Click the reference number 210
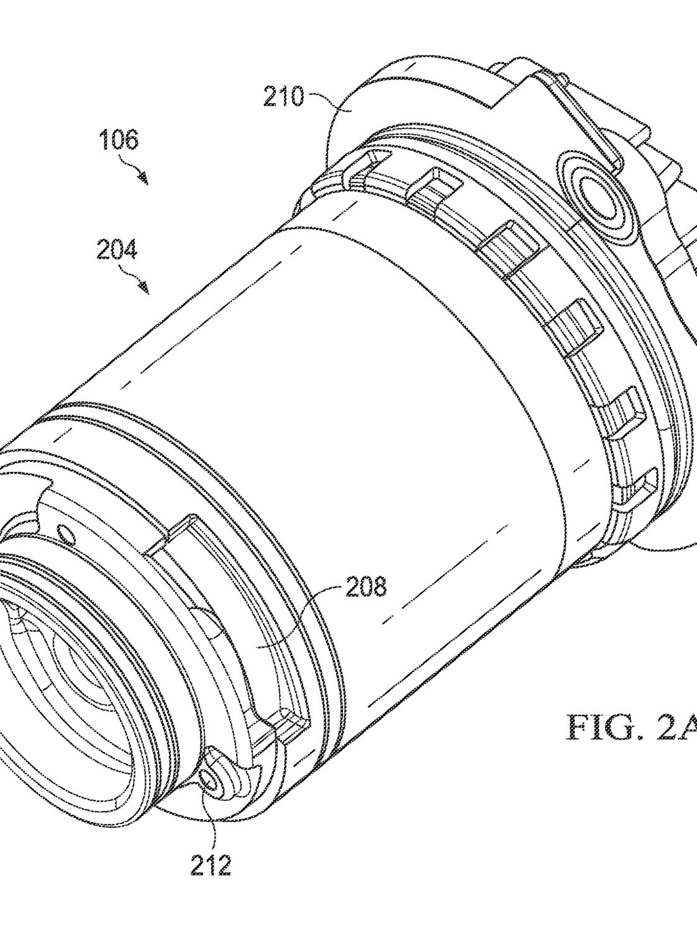click(283, 96)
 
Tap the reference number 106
click(119, 140)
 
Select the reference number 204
click(117, 250)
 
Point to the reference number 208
click(367, 587)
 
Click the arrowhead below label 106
click(144, 179)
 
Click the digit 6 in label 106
click(131, 140)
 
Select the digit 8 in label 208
click(380, 587)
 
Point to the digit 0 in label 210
click(297, 96)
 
